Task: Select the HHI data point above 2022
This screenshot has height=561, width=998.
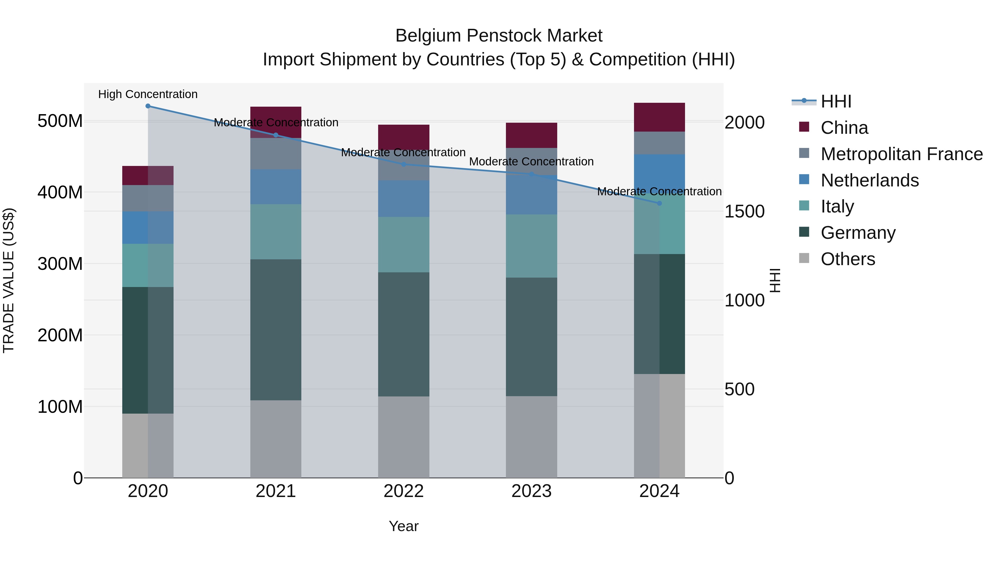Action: [404, 165]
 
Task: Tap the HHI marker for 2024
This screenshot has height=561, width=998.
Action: [660, 203]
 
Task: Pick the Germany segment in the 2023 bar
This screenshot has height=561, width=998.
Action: [531, 337]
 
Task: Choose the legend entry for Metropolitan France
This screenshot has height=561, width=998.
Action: [902, 154]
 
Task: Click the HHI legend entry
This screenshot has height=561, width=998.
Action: [836, 101]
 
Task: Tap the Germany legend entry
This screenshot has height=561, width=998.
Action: [858, 233]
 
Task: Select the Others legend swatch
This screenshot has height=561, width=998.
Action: [804, 258]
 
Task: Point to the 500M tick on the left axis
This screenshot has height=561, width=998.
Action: [60, 121]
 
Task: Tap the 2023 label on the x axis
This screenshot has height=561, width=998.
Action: [531, 491]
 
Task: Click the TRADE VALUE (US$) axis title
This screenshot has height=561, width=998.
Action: [9, 280]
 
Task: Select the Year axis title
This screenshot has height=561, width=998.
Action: [404, 526]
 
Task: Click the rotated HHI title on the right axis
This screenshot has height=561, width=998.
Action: [775, 280]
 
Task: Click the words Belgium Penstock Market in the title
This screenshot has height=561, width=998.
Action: [499, 36]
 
